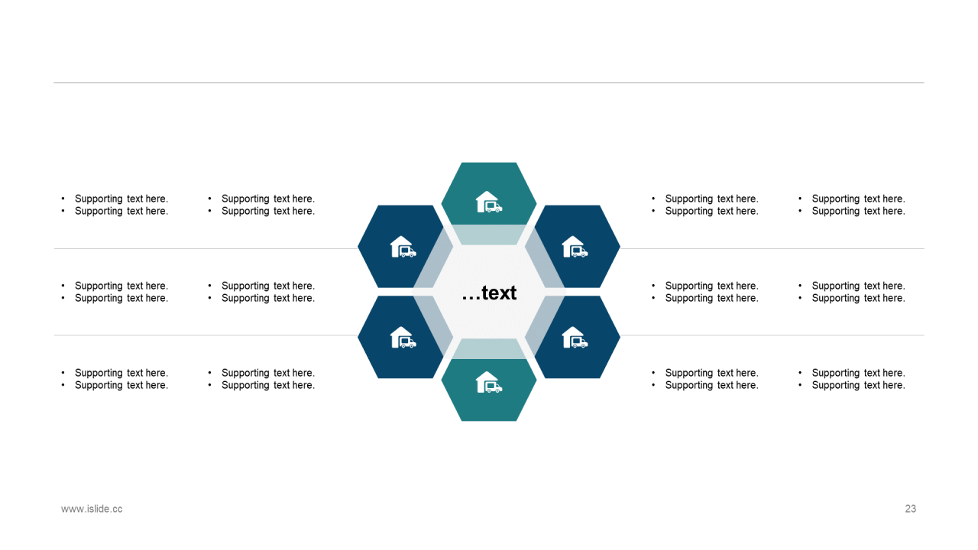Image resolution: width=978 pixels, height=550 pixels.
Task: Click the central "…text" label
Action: (489, 293)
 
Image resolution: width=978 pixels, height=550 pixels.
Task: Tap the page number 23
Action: (910, 509)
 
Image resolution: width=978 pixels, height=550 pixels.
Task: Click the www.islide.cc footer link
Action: (92, 509)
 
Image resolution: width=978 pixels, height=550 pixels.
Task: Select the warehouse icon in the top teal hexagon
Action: (488, 202)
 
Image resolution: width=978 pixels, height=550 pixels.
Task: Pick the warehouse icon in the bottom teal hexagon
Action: (488, 382)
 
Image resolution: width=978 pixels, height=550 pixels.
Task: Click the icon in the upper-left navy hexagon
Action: (403, 247)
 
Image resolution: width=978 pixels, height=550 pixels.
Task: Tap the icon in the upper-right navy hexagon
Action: (574, 247)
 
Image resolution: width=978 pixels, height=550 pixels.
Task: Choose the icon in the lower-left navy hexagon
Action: (403, 337)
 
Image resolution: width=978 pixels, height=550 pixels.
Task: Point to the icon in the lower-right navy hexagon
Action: (574, 337)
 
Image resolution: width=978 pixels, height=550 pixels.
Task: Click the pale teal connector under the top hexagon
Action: (489, 235)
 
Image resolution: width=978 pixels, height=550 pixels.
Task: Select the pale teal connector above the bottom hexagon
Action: (489, 349)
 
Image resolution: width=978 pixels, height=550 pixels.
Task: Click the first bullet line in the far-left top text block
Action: (121, 199)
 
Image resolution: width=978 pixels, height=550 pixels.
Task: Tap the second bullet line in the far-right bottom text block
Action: (858, 385)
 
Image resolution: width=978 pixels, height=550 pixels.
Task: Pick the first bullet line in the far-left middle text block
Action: (121, 286)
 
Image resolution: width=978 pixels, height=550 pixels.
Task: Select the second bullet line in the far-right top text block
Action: (858, 211)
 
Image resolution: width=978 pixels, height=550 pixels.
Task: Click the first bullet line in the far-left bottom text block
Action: (121, 373)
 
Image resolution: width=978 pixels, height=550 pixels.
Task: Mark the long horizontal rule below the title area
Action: (489, 82)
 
